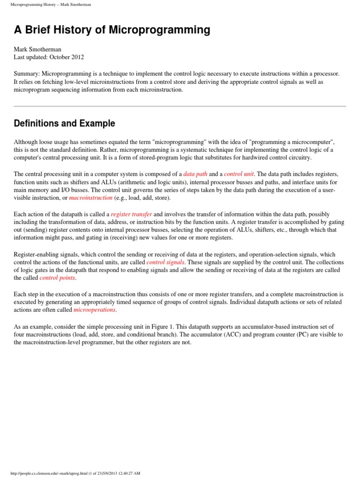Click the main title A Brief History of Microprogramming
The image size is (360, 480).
click(x=112, y=30)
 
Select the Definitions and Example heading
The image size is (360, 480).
click(x=64, y=124)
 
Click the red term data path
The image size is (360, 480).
click(x=195, y=174)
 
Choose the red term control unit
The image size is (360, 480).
click(x=238, y=174)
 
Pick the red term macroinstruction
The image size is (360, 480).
click(x=91, y=198)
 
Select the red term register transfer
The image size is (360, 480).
click(x=131, y=214)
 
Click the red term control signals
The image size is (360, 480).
click(x=165, y=262)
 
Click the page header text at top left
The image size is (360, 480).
click(x=51, y=5)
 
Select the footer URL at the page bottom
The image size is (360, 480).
click(x=75, y=473)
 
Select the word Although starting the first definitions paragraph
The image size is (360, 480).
click(x=27, y=142)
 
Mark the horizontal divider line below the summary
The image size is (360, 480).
click(x=180, y=106)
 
